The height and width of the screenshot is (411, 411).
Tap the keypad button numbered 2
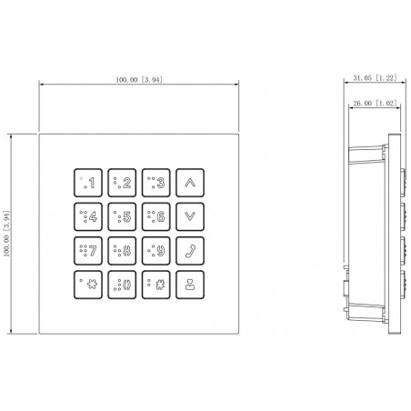(x=122, y=183)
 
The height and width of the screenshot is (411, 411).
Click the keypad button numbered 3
(x=156, y=183)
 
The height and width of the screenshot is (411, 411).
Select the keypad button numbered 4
(x=88, y=216)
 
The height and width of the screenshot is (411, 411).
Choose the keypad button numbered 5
(x=122, y=216)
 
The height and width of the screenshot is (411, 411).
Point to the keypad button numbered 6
(x=156, y=216)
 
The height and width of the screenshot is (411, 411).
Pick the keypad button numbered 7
(x=88, y=251)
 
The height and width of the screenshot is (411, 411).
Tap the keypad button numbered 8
(x=122, y=251)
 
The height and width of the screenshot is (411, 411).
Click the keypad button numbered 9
(x=156, y=251)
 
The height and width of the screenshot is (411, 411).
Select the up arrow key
(x=190, y=183)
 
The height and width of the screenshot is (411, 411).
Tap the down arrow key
(x=190, y=216)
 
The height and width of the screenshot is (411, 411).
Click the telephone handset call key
(x=190, y=251)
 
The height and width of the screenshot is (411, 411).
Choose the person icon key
(x=190, y=285)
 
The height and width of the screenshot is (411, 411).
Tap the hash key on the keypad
(x=156, y=285)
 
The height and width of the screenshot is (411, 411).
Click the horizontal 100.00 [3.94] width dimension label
(x=139, y=80)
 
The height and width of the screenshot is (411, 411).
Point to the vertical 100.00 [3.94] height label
(x=6, y=234)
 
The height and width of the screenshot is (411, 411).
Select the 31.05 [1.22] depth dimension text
(x=375, y=78)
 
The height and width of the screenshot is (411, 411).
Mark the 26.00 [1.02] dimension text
(x=375, y=104)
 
